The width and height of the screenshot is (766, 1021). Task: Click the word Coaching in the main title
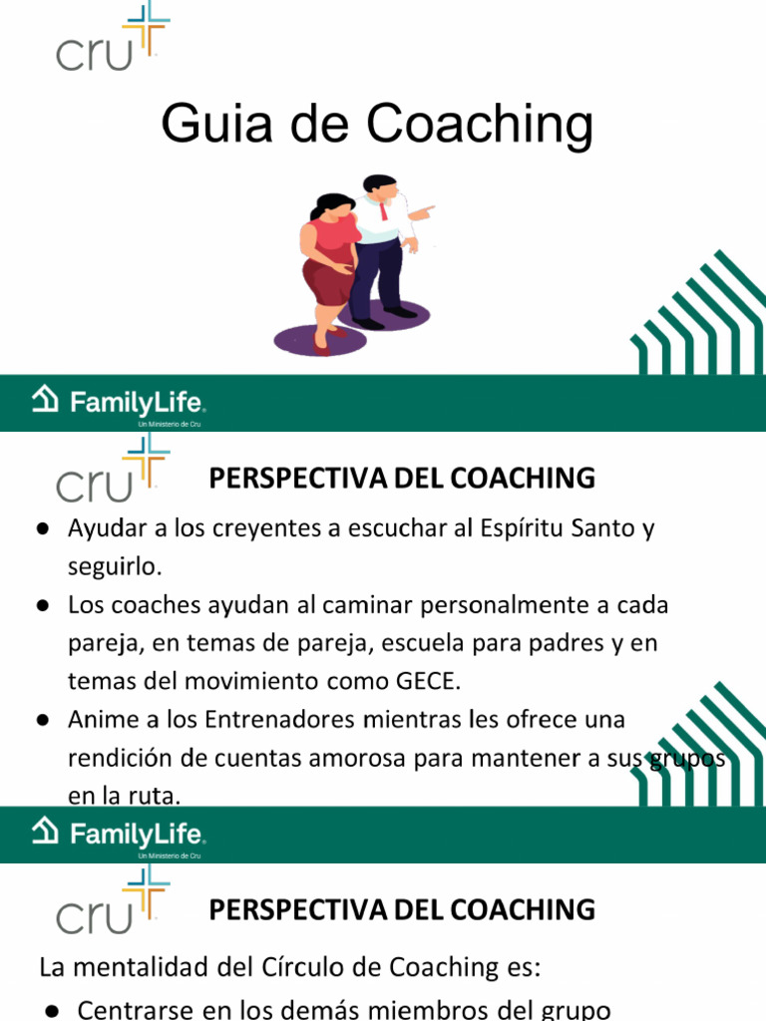tap(480, 126)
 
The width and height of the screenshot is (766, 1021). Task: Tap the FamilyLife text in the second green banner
tap(137, 834)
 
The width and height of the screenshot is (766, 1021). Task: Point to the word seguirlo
tap(114, 566)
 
